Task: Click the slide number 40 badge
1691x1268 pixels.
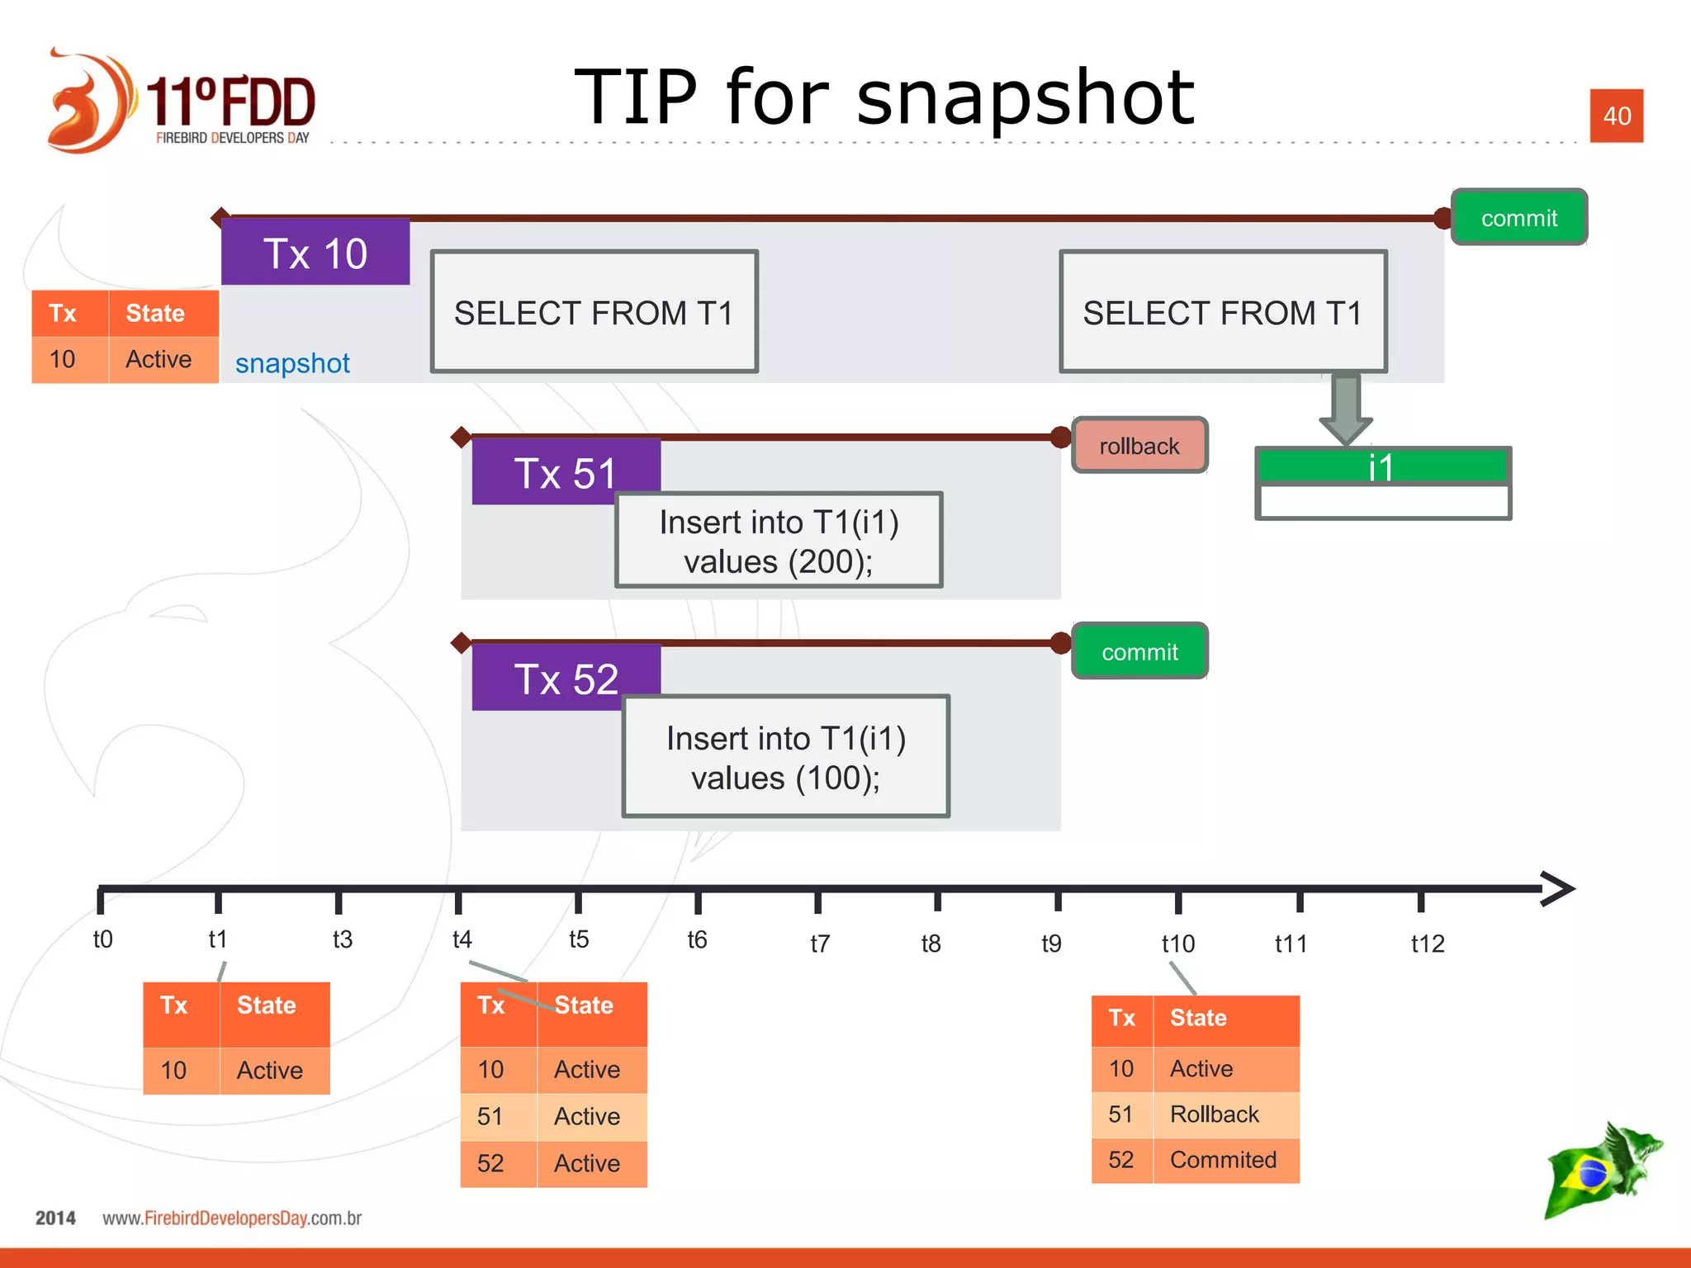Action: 1616,116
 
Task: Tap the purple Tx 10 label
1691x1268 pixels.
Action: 315,253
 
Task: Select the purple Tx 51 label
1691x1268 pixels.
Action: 566,472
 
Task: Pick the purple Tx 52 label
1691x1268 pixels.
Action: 566,679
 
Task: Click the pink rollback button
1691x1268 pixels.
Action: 1139,446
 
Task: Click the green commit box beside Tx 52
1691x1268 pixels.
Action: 1139,651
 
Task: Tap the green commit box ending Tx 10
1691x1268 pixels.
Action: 1518,218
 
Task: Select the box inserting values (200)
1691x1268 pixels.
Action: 779,541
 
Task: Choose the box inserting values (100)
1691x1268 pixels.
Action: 785,756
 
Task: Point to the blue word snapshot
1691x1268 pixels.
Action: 292,363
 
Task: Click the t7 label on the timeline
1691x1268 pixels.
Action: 819,943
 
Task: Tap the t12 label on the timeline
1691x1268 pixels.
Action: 1427,943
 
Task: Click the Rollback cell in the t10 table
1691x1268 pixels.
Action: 1215,1114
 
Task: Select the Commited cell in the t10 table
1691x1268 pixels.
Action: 1223,1160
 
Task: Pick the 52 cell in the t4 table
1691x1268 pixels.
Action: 490,1163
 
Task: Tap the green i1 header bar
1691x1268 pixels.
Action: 1381,466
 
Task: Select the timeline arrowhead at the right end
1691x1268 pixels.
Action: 1558,888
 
